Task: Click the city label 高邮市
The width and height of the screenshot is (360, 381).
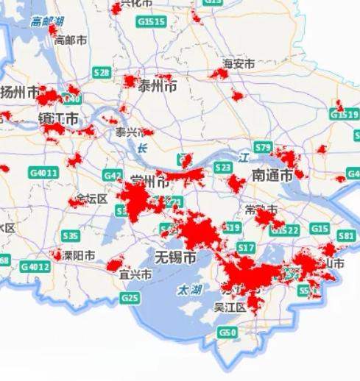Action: click(71, 40)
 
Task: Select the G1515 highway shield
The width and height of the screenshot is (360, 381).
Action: click(152, 22)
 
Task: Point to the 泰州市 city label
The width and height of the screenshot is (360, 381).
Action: click(157, 87)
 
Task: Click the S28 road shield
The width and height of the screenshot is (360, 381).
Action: click(102, 72)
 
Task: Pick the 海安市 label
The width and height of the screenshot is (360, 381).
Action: click(239, 65)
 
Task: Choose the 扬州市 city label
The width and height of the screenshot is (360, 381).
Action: click(20, 93)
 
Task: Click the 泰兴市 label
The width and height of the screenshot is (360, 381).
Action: click(131, 132)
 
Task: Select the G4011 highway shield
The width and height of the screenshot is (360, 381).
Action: click(43, 173)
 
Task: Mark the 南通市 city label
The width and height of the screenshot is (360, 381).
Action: click(272, 176)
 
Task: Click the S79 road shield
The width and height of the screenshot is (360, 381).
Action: click(263, 146)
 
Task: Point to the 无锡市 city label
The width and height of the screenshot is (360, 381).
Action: click(174, 258)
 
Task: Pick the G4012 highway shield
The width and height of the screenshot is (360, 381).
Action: click(35, 266)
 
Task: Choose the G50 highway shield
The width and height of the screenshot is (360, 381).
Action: click(227, 333)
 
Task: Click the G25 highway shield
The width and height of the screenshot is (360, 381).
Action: click(131, 297)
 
